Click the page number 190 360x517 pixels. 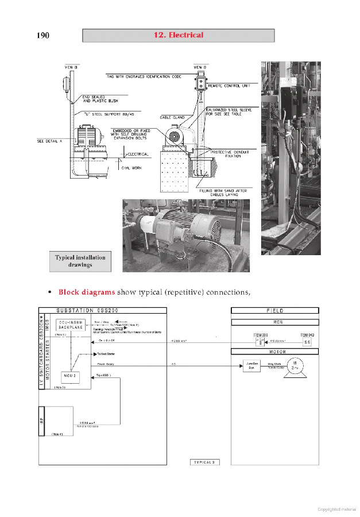[42, 36]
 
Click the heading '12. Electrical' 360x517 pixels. [178, 35]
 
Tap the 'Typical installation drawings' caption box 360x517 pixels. [80, 261]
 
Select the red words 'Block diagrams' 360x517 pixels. [86, 292]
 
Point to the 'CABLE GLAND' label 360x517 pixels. [171, 117]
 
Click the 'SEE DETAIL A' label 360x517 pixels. [49, 140]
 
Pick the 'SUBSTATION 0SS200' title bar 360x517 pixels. [103, 311]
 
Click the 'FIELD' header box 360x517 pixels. [275, 311]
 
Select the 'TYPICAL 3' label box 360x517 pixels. [205, 462]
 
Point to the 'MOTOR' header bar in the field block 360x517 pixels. [275, 351]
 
